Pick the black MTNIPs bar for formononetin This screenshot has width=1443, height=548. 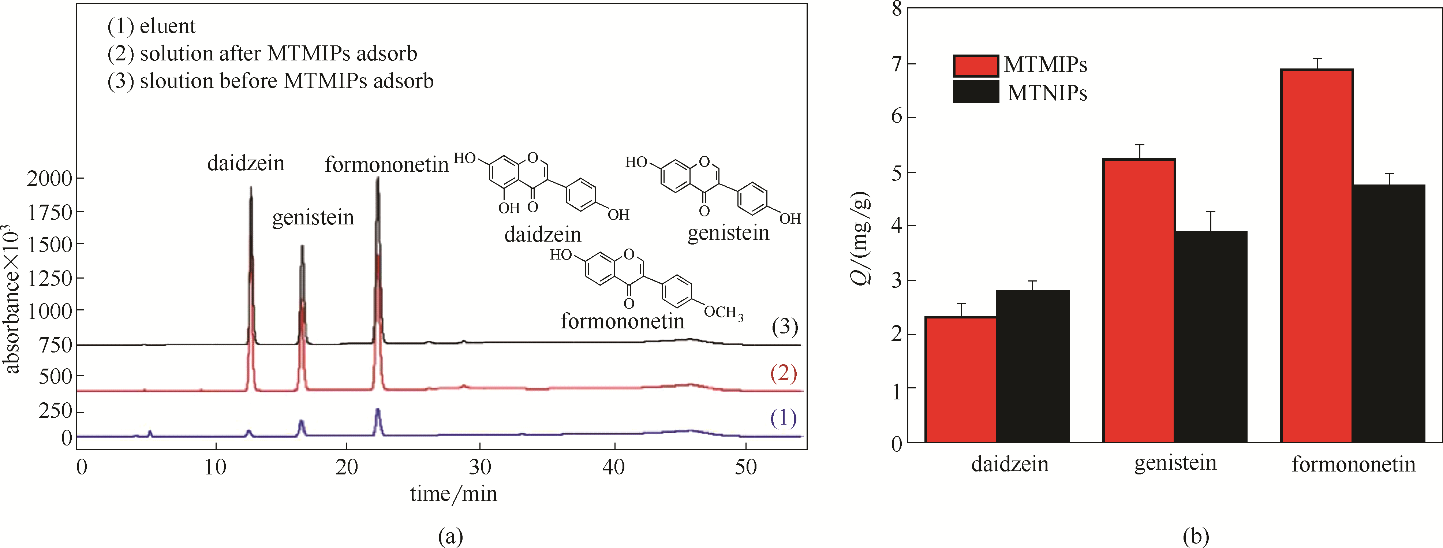(1389, 314)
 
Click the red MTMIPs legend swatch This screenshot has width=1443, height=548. (975, 66)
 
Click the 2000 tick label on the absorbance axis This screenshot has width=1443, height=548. (49, 179)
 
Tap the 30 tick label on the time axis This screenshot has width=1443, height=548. (480, 467)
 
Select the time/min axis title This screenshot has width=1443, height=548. (453, 494)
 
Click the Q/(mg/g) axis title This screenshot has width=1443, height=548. (861, 238)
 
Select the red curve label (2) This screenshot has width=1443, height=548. (783, 373)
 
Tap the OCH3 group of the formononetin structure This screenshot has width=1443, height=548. (723, 312)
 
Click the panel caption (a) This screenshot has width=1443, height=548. (451, 536)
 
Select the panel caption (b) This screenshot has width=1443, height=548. (1195, 536)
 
